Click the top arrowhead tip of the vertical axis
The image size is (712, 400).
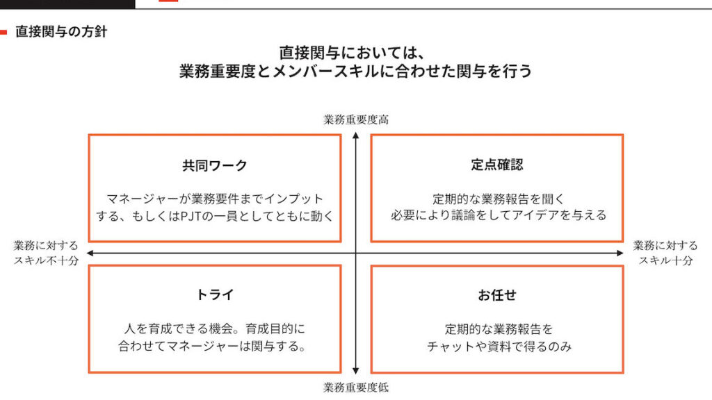click(356, 132)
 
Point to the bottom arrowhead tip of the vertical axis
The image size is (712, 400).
click(356, 374)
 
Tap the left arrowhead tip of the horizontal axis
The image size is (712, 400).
click(87, 253)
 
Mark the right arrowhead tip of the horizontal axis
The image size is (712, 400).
click(624, 253)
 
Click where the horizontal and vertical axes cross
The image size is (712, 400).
click(356, 253)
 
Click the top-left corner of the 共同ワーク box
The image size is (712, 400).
click(88, 134)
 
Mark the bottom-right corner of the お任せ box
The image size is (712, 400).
click(623, 373)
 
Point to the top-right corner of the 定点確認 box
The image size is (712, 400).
click(623, 134)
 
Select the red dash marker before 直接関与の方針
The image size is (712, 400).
click(3, 32)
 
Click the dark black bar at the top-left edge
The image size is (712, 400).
click(67, 4)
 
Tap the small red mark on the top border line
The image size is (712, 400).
click(168, 1)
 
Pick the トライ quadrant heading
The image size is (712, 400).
click(215, 294)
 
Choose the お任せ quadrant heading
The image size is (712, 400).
click(496, 295)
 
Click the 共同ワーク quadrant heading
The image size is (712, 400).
click(215, 165)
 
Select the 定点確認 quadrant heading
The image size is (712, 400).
click(496, 164)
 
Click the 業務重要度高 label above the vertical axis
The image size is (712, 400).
click(356, 119)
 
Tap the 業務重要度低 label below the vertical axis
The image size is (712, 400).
click(356, 387)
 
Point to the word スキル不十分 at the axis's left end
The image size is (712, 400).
click(47, 260)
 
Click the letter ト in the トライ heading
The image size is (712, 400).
click(202, 294)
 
